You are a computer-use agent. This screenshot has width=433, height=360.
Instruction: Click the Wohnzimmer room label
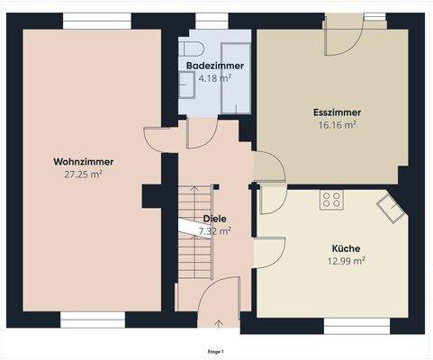(x=83, y=161)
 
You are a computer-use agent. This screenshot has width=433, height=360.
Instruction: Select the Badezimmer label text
(x=215, y=67)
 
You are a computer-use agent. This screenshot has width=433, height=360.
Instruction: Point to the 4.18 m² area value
(x=215, y=78)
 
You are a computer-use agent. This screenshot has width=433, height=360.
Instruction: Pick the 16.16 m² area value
(x=337, y=125)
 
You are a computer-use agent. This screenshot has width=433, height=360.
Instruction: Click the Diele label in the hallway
(x=214, y=218)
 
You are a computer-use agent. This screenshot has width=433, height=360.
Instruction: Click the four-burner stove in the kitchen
(x=330, y=200)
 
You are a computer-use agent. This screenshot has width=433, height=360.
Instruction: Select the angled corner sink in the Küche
(x=392, y=208)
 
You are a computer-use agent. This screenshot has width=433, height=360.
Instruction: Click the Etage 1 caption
(x=216, y=351)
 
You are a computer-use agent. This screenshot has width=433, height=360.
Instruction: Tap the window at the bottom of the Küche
(x=356, y=322)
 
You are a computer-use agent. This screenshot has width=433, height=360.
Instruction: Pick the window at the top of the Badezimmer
(x=211, y=21)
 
